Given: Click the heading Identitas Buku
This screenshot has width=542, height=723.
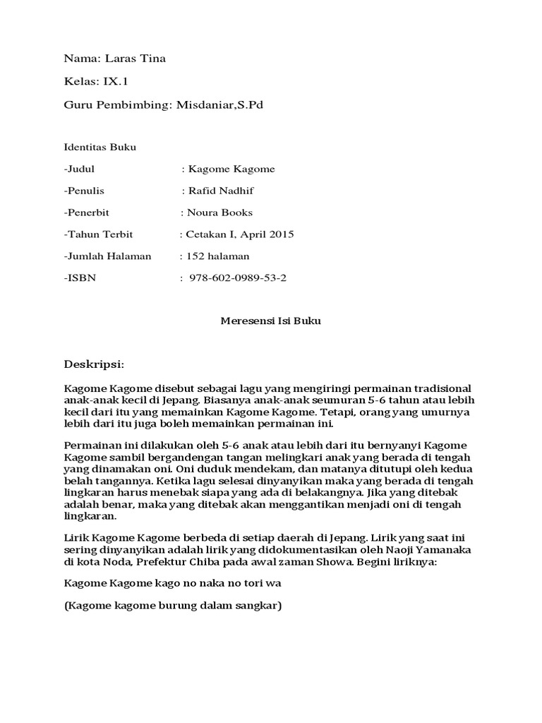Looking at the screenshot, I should click(100, 148).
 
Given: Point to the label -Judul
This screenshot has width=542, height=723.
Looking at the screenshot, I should click(79, 169).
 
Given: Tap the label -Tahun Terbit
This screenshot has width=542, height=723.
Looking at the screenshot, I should click(98, 234).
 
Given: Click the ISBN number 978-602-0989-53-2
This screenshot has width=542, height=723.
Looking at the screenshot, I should click(239, 278).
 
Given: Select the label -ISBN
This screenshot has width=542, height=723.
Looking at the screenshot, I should click(80, 278).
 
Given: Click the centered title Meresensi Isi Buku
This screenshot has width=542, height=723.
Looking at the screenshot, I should click(271, 321).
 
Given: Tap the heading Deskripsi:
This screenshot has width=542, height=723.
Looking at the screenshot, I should click(94, 364).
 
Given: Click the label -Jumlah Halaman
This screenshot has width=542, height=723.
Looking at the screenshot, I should click(107, 256).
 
